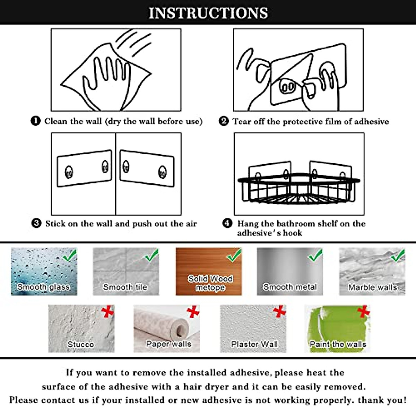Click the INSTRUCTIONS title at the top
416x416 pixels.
208,13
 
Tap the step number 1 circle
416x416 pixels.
36,121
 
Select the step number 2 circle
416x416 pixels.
224,121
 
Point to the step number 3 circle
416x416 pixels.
36,223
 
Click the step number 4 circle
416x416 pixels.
227,223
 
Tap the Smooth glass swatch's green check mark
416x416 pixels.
70,256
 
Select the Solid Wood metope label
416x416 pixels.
210,283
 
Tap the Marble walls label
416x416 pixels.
372,287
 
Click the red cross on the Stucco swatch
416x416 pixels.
107,312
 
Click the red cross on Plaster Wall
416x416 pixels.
279,312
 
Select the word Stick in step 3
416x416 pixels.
55,224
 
